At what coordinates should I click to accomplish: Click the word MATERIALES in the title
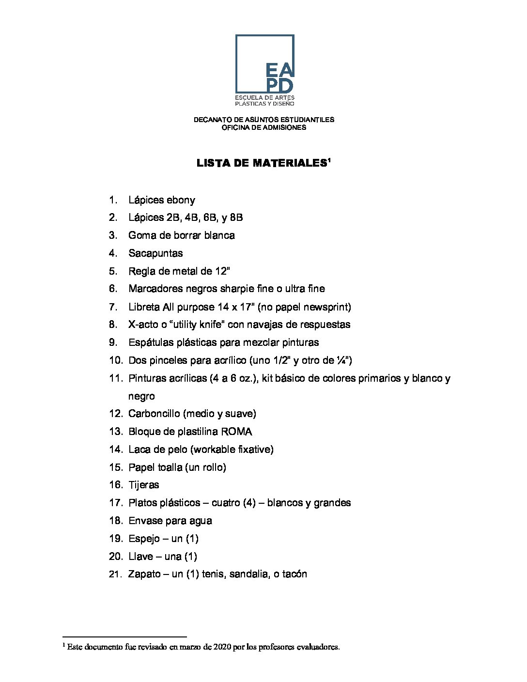coord(290,163)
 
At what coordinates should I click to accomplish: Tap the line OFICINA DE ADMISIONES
coord(263,127)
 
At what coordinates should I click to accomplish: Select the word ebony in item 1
coord(181,200)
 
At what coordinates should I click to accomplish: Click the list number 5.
coord(113,271)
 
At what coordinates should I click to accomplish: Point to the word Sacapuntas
coord(155,253)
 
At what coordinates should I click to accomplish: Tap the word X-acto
coord(143,325)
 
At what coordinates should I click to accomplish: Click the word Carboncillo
coord(154,414)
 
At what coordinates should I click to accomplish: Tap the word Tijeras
coord(143,485)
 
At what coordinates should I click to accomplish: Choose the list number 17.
coord(116,503)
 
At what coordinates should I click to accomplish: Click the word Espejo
coord(144,539)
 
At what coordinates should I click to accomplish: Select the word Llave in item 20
coord(140,557)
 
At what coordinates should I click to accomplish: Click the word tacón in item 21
coord(294,574)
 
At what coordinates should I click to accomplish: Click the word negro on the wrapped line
coord(141,396)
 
